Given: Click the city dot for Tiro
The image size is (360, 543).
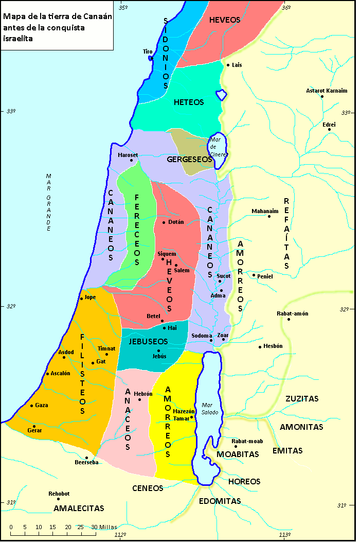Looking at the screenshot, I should pos(151,58).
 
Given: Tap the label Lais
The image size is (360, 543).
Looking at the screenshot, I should pos(237,65).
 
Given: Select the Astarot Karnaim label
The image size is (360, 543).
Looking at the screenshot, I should pos(327,91).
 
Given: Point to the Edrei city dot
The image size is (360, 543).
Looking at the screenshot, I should pos(330,129).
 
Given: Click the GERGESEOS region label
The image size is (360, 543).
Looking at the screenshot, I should pos(190,160).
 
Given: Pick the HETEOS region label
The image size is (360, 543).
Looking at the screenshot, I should pos(189,102).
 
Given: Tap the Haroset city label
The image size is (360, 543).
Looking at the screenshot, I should pos(128,154).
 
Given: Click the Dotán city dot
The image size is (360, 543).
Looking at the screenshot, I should pos(164,222).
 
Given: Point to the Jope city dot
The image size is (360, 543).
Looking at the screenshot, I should pos(81,299).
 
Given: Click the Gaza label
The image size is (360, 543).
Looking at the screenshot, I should pos(42,405).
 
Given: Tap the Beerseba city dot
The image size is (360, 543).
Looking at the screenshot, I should pos(86,458).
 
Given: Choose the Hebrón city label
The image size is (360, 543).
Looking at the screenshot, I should pos(143,394).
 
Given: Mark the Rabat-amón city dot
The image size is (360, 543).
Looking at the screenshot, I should pos(289,319).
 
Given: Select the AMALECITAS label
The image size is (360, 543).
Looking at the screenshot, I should pos(79,508).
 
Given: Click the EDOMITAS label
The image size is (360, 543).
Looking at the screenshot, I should pos(220,501).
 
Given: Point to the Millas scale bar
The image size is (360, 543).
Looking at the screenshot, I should pos(62,535).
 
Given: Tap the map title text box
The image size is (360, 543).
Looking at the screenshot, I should pos(57,25).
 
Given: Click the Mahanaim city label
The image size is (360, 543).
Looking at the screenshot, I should pos(265,211).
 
